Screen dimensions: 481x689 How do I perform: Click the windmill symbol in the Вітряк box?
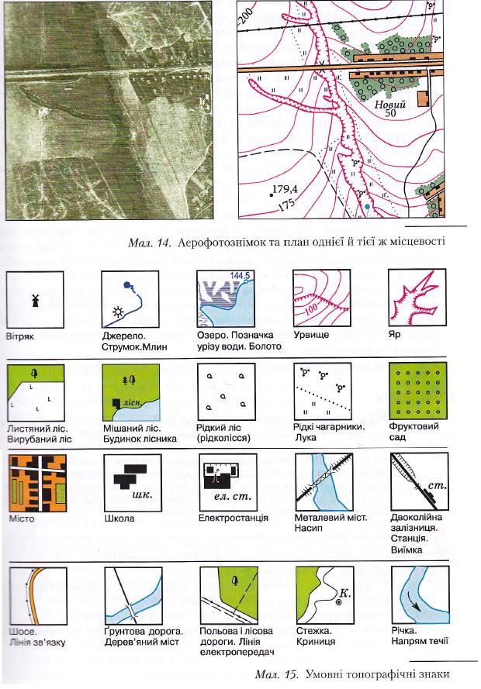(36, 300)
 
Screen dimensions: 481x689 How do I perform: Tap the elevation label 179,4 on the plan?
(285, 190)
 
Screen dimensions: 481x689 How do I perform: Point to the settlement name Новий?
(390, 105)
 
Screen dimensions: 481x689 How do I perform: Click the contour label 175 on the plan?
(286, 205)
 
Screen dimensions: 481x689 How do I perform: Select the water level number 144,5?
(240, 275)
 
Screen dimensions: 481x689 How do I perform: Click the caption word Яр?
(395, 334)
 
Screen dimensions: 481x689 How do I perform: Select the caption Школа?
(119, 518)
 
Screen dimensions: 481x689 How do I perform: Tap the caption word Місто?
(22, 518)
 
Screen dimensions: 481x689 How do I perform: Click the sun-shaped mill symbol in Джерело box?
(118, 312)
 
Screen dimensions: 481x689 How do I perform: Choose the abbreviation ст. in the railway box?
(438, 485)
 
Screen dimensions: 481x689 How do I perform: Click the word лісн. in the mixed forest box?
(133, 402)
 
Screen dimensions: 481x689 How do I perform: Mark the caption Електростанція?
(233, 518)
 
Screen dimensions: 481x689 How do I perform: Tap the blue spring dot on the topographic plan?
(367, 206)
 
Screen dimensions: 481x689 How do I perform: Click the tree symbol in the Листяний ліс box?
(35, 373)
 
